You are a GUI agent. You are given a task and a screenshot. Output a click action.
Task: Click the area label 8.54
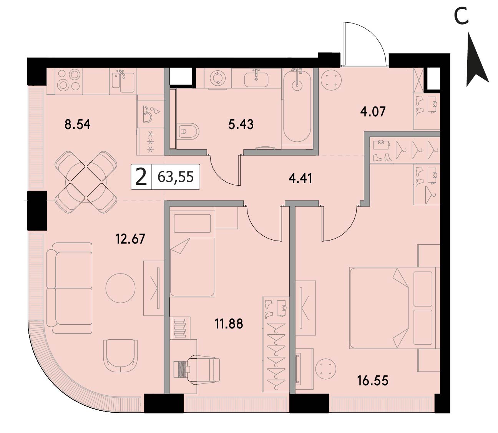(77, 124)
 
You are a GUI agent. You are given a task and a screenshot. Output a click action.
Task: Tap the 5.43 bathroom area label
(241, 124)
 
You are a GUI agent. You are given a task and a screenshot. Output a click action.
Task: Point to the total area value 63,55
(176, 177)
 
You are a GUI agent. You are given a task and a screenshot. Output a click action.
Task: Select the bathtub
(297, 106)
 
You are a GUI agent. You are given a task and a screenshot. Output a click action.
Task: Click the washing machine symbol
(217, 78)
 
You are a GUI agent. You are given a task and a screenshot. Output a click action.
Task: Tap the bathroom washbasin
(256, 79)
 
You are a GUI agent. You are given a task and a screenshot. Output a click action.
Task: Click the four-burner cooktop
(69, 81)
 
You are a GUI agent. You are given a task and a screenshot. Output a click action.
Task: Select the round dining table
(86, 182)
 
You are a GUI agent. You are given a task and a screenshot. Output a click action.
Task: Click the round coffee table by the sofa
(121, 288)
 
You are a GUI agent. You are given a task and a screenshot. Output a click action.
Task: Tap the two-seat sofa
(70, 288)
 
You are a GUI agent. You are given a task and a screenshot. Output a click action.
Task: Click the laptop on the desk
(182, 369)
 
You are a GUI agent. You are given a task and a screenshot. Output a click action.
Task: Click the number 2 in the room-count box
(141, 177)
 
